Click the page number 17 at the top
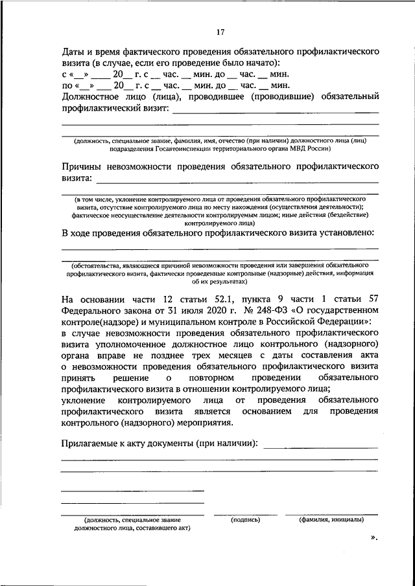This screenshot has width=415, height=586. pyautogui.click(x=220, y=32)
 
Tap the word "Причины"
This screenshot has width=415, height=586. pyautogui.click(x=84, y=165)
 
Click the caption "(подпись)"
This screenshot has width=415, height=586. pyautogui.click(x=246, y=519)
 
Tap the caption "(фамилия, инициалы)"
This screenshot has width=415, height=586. pyautogui.click(x=331, y=519)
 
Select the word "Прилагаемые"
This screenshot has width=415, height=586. pyautogui.click(x=93, y=444)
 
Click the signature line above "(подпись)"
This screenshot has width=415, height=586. pyautogui.click(x=246, y=515)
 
